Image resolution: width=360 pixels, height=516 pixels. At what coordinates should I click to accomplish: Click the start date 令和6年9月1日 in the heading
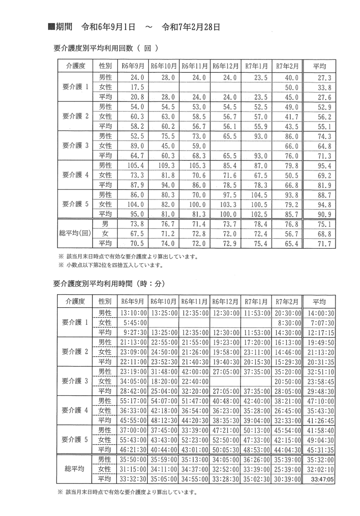pyautogui.click(x=108, y=27)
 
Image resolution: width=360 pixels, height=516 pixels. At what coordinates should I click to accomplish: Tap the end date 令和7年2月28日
pyautogui.click(x=191, y=27)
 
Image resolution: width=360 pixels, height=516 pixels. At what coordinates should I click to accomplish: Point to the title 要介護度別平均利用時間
pyautogui.click(x=93, y=284)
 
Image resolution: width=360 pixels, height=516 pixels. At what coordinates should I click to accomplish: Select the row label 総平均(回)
pyautogui.click(x=75, y=234)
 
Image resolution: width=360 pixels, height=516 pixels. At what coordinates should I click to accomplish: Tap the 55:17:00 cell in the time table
pyautogui.click(x=133, y=401)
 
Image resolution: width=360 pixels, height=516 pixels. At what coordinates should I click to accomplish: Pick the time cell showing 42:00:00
pyautogui.click(x=195, y=372)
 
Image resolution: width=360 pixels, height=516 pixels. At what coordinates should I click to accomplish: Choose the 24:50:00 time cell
pyautogui.click(x=164, y=352)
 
